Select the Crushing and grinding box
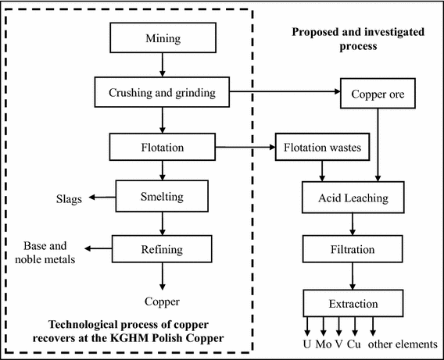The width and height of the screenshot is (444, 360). tap(162, 94)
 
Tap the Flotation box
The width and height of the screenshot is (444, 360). tap(162, 146)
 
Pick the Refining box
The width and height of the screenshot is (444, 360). tap(162, 249)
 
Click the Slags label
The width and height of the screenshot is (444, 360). tap(70, 198)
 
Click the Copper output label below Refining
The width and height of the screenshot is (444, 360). tap(162, 301)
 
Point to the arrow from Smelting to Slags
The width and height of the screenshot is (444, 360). tap(101, 198)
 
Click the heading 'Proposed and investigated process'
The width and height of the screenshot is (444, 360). tap(347, 39)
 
